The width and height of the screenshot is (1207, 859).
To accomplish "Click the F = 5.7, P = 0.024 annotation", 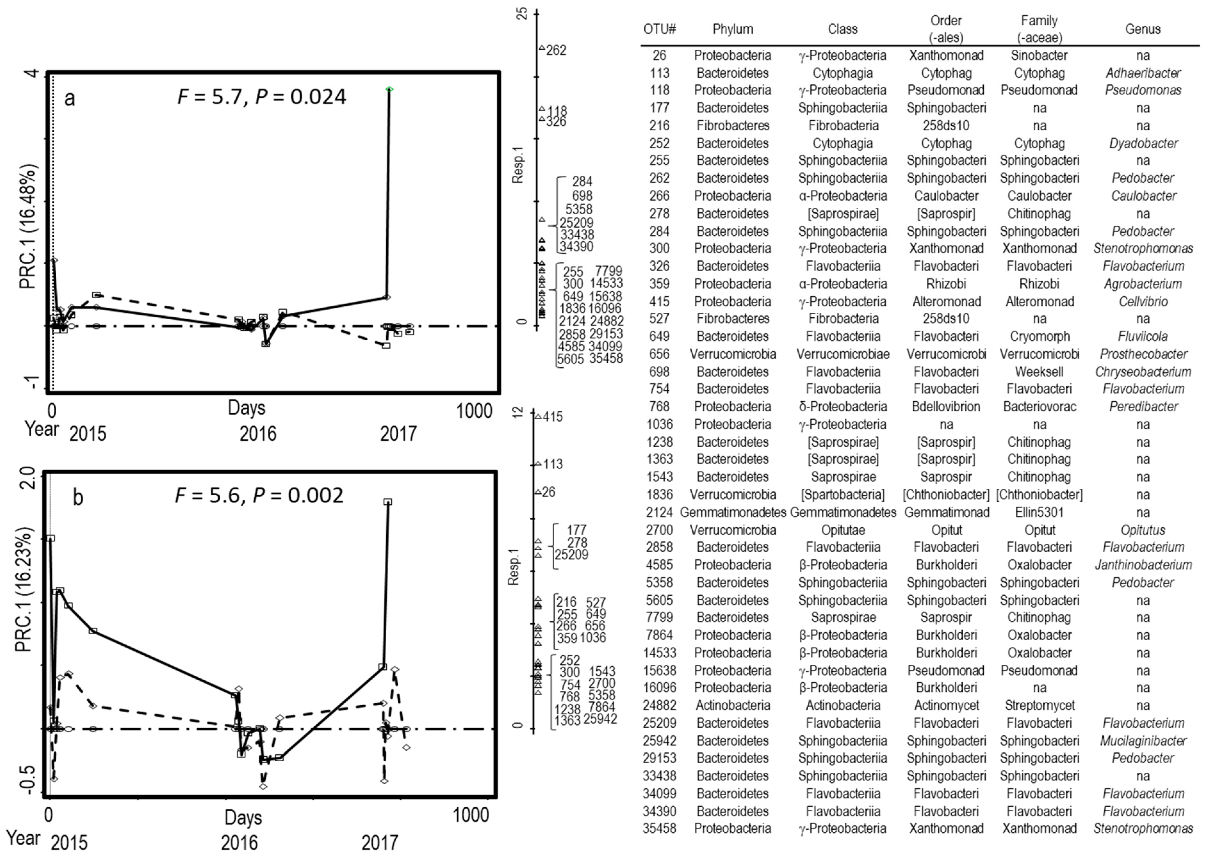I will coord(261,97).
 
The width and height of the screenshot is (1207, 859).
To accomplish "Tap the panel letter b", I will coord(78,498).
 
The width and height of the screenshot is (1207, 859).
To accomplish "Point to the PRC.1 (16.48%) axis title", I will coord(28,227).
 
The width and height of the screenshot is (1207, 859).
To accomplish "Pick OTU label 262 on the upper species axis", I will coord(556,50).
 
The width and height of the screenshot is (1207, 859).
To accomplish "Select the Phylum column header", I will coord(732,29).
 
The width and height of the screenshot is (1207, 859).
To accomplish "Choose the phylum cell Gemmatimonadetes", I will coord(732,512).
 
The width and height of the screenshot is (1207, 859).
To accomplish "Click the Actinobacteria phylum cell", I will coord(732,706).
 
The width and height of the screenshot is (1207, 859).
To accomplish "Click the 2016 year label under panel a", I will coord(258,434).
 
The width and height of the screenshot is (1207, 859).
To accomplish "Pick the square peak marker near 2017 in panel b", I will coord(388,502).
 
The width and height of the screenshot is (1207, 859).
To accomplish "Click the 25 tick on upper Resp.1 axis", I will coord(523,13).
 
